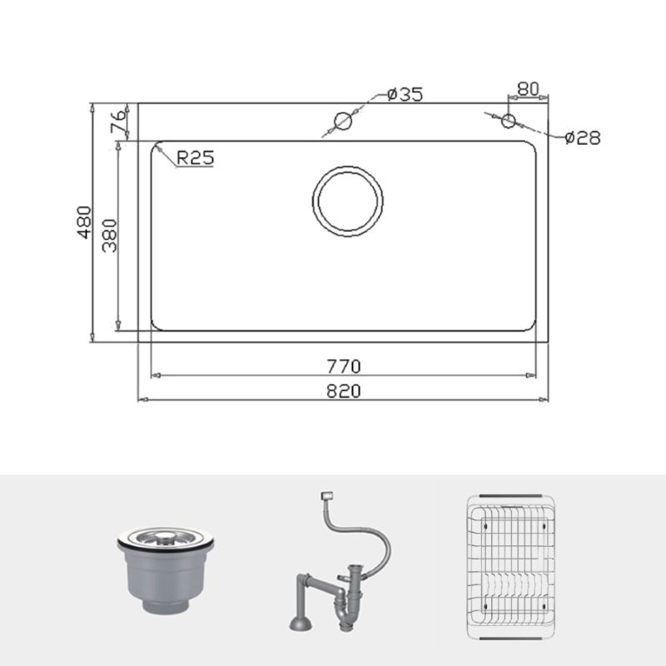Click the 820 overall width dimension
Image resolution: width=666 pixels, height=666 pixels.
(343, 390)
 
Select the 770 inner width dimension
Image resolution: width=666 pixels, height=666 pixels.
(343, 365)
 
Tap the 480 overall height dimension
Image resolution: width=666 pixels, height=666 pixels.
(83, 222)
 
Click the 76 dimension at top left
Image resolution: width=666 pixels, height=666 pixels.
(119, 122)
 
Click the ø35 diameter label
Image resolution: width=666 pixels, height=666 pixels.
(405, 94)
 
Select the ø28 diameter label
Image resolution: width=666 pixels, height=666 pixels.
(582, 138)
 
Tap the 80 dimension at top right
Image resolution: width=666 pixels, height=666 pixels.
(529, 88)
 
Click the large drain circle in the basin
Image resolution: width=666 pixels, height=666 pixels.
(348, 201)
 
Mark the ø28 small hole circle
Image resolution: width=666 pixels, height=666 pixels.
(508, 122)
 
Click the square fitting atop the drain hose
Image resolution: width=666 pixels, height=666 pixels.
(326, 497)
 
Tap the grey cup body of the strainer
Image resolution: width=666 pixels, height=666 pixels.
(166, 583)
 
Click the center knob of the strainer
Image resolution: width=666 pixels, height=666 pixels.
(168, 534)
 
